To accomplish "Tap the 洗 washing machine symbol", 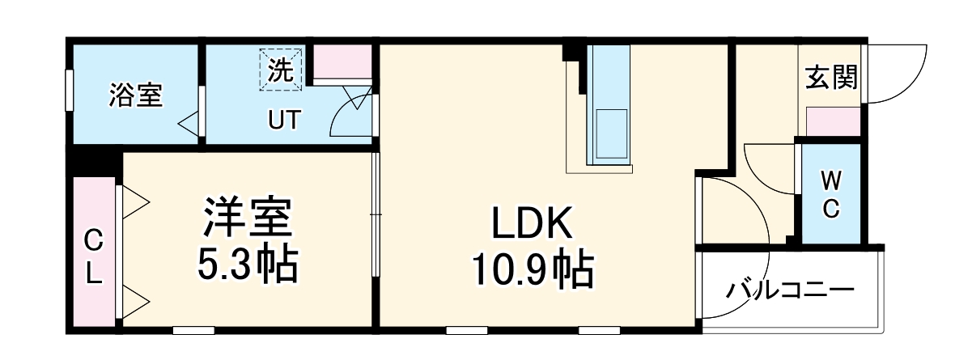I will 280,70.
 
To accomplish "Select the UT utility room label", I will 283,120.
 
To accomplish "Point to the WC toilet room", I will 831,194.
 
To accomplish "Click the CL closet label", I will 95,256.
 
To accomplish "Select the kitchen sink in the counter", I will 612,132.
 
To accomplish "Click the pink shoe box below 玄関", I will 833,121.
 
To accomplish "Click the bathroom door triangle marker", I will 189,125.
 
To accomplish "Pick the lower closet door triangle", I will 134,299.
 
